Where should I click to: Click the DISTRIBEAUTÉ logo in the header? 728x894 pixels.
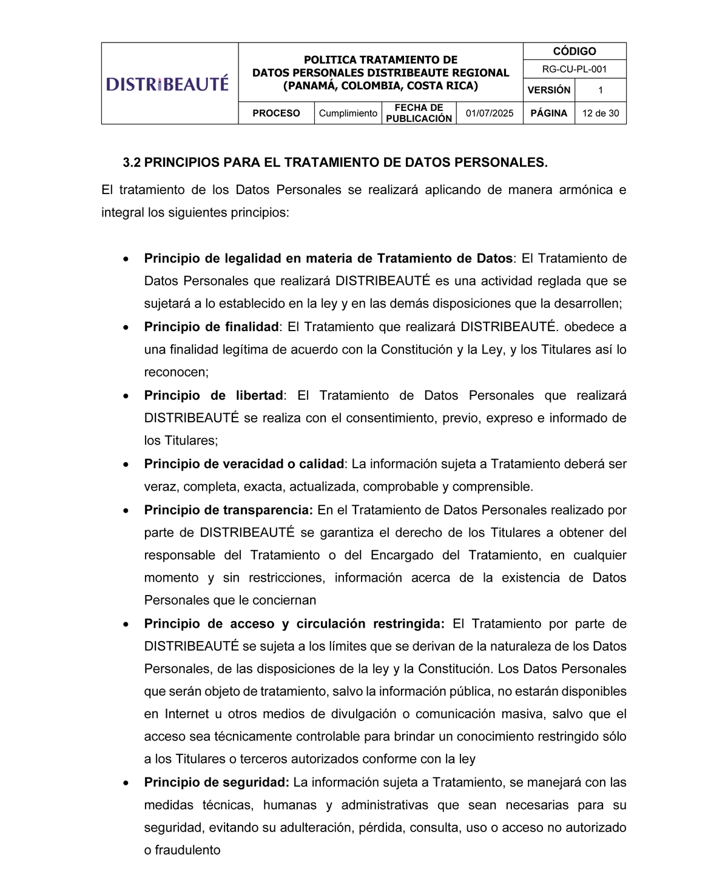[167, 84]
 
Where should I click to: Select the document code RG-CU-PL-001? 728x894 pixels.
[574, 69]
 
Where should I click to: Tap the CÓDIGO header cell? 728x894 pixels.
[574, 52]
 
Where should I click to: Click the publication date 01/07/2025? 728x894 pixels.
[489, 113]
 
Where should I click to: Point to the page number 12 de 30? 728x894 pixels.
[600, 113]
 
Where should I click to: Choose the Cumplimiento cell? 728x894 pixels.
[348, 113]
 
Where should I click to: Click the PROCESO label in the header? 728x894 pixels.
[276, 113]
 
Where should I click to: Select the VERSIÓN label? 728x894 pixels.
[548, 90]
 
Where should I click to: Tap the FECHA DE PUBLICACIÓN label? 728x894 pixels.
[419, 113]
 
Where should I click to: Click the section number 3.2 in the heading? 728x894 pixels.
[132, 163]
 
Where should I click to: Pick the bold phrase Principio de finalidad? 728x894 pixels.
[211, 327]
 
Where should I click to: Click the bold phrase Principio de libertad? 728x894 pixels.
[214, 395]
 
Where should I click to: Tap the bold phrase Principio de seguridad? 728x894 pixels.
[216, 782]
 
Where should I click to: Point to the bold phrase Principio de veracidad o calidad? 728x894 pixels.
[244, 464]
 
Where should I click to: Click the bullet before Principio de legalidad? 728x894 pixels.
[126, 259]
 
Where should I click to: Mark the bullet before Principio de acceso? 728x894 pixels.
[126, 624]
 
